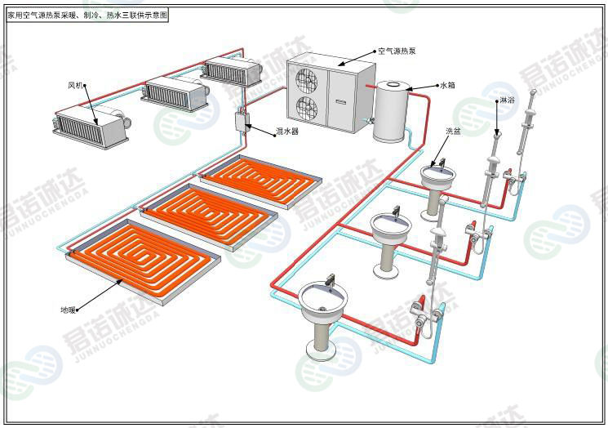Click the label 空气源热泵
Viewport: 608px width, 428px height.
click(397, 51)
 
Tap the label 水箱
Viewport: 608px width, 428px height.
click(446, 84)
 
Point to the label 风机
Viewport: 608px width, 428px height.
click(76, 84)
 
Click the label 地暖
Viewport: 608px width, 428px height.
click(68, 310)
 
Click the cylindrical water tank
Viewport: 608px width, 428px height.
click(390, 111)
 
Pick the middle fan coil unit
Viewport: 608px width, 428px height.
click(174, 92)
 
